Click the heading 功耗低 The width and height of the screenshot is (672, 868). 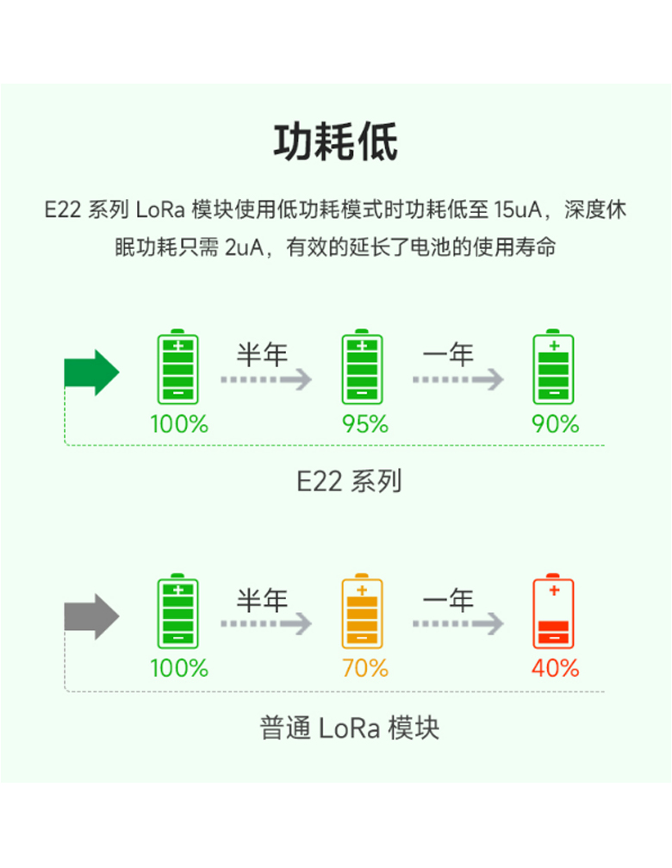(x=336, y=142)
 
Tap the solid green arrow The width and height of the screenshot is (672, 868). (x=90, y=373)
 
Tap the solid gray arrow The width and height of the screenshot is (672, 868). (x=90, y=616)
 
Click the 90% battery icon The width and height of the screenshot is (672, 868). (x=553, y=368)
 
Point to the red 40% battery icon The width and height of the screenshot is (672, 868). (x=553, y=612)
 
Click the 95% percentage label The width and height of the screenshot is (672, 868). (x=365, y=424)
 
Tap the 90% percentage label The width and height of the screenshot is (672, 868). (x=556, y=424)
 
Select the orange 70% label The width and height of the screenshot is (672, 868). (x=365, y=668)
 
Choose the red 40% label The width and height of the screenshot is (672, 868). (x=556, y=668)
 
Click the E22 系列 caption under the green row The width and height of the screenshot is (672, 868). (x=349, y=481)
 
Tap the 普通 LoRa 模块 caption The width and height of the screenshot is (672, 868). (x=349, y=727)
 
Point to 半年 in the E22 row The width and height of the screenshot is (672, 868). (x=262, y=354)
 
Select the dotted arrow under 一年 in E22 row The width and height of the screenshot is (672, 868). (x=457, y=379)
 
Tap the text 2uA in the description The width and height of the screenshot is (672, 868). (x=244, y=248)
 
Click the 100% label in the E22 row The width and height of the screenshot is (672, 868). (x=179, y=424)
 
